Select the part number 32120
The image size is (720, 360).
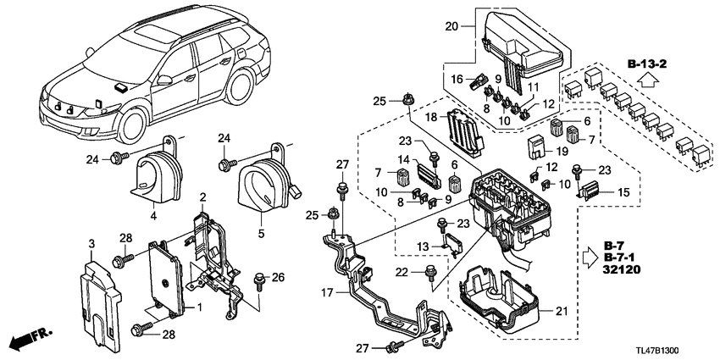pyautogui.click(x=623, y=269)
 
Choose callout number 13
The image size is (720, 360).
pyautogui.click(x=424, y=246)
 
